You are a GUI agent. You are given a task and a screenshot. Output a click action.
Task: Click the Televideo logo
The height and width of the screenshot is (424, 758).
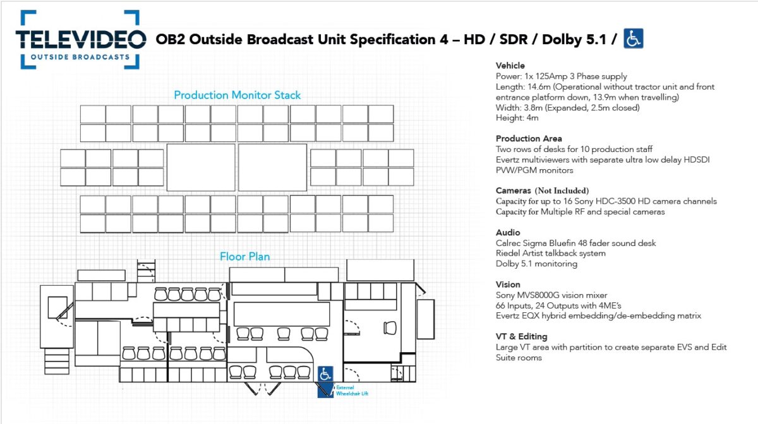pos(80,39)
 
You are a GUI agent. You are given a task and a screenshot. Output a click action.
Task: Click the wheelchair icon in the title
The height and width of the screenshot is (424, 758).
pos(633,39)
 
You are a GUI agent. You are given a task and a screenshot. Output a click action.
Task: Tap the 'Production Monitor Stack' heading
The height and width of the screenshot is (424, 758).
pos(238,95)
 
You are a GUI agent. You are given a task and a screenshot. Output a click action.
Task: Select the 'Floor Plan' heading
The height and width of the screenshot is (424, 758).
pos(245,257)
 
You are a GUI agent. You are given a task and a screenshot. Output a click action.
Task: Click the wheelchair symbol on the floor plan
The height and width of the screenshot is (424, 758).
pos(325,374)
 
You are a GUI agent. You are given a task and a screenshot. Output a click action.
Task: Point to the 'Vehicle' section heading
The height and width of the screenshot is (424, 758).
pos(510,66)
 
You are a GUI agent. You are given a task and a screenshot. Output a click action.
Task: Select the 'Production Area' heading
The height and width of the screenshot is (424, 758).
pos(529,139)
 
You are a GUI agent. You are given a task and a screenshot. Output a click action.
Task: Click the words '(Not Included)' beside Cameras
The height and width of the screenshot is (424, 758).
pos(562,191)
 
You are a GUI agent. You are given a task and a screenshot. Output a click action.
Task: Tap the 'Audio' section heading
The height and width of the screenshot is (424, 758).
pos(508,232)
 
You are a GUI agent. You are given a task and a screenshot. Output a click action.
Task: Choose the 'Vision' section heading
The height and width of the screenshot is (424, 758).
pos(508,285)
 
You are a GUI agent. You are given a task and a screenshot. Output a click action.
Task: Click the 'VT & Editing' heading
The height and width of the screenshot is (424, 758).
pos(522,337)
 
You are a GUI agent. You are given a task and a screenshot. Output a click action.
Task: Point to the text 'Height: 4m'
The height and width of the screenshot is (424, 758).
pos(517,118)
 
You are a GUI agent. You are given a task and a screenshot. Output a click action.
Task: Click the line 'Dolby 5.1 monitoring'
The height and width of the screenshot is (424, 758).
pos(536,264)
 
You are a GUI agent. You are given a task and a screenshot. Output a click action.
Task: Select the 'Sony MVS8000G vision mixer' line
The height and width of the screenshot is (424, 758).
pos(551,295)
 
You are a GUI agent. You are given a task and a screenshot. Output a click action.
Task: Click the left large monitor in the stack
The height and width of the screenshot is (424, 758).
pos(200,167)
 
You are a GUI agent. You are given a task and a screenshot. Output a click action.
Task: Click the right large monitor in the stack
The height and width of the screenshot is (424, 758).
pos(274,167)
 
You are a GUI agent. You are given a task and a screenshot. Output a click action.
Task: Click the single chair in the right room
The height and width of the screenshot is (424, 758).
pos(390,327)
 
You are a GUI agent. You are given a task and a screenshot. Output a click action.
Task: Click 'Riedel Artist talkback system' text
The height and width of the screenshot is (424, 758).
pos(551,253)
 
